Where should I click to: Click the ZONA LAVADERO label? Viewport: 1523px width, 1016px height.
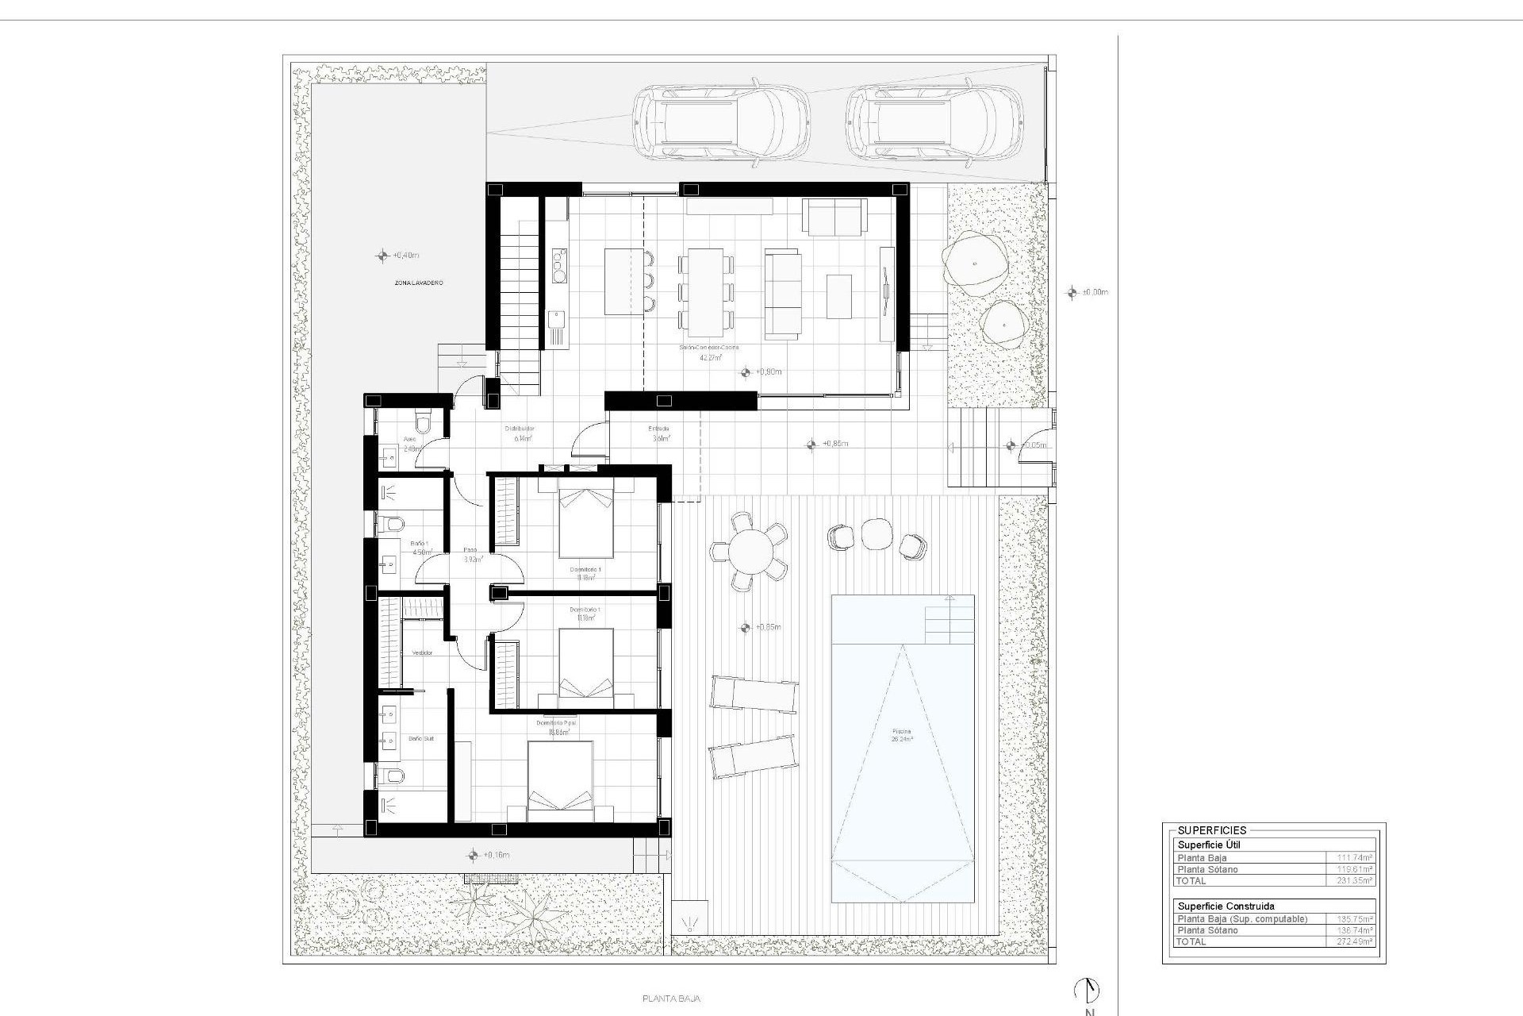pos(418,283)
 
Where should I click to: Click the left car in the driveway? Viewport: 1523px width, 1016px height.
pos(720,123)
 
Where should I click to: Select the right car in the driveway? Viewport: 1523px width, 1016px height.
pos(933,123)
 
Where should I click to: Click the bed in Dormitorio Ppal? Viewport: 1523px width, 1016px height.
pos(560,781)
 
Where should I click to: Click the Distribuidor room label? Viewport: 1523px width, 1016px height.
pos(520,429)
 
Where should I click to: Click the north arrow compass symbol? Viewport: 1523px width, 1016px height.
pos(1088,991)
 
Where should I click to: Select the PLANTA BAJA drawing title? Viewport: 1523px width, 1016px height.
pos(671,999)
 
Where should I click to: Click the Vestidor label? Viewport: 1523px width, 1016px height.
pos(422,652)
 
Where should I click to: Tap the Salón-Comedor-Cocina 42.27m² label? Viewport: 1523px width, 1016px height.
pos(709,352)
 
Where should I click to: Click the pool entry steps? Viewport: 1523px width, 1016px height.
pos(949,620)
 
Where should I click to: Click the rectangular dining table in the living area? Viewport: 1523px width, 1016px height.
pos(705,292)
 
